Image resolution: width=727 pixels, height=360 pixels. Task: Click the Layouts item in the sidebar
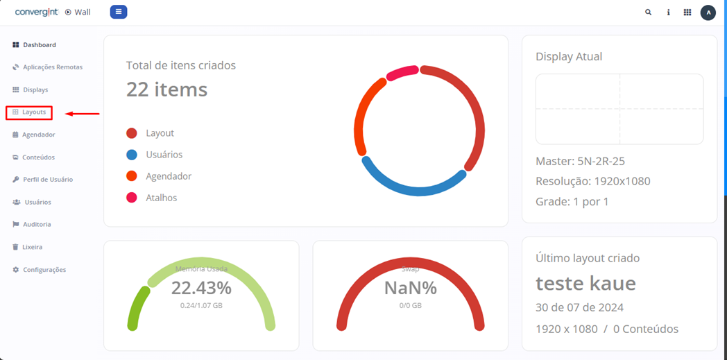(x=33, y=112)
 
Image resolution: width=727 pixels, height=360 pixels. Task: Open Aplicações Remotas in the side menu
(x=52, y=67)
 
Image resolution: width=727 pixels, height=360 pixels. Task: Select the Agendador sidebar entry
(x=38, y=135)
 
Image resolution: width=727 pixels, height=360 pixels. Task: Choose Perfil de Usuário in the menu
(x=47, y=180)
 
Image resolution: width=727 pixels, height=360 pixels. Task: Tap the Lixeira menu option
(x=33, y=247)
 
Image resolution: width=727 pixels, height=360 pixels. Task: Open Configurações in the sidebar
(x=44, y=270)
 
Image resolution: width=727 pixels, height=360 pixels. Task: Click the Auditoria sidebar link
(x=37, y=225)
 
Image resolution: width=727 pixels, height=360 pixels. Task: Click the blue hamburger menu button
(x=119, y=12)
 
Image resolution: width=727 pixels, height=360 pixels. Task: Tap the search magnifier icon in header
(x=649, y=12)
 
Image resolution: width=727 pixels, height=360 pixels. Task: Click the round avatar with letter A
(x=708, y=12)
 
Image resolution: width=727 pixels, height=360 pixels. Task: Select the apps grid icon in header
(x=687, y=12)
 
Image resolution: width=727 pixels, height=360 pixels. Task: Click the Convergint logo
(x=36, y=12)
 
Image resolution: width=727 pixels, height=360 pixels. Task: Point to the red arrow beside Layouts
(x=83, y=113)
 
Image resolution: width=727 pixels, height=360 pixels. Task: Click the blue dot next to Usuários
(x=132, y=155)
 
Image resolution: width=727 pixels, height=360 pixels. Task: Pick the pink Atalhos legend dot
(x=132, y=198)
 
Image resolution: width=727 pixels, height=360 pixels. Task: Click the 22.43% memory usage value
(x=201, y=288)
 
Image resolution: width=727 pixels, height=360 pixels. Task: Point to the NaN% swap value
(x=411, y=288)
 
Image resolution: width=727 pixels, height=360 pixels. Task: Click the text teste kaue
(x=585, y=283)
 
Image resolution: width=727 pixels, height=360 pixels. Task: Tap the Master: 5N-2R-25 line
(x=580, y=162)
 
